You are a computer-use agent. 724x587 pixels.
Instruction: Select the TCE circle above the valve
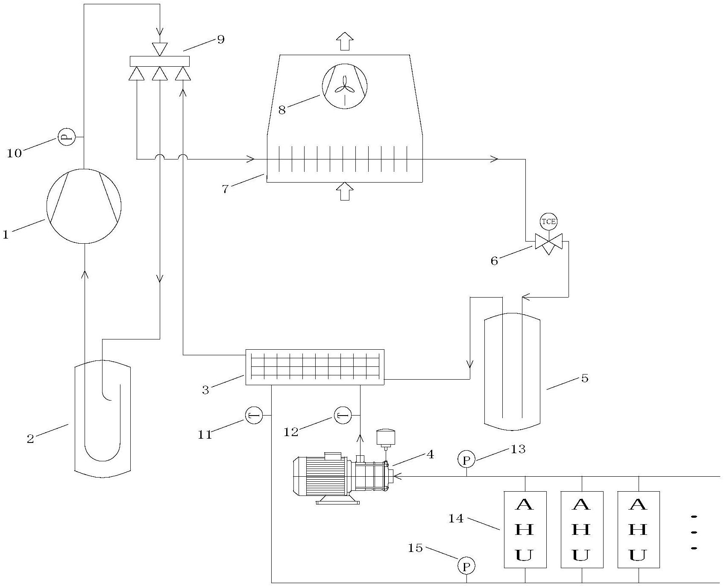click(549, 221)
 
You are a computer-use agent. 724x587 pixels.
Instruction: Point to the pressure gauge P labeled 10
click(67, 137)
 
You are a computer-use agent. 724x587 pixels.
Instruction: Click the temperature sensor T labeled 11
click(254, 415)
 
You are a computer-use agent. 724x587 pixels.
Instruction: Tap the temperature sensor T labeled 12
click(343, 415)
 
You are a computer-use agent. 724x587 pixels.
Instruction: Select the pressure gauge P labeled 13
click(466, 460)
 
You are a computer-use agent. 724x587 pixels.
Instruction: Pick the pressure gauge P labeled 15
click(466, 566)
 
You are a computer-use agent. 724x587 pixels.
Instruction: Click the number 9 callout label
click(220, 39)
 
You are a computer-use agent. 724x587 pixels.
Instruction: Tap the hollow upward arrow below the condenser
click(345, 192)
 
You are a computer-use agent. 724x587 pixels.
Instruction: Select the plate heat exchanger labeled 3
click(315, 367)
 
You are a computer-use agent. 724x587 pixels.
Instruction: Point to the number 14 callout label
click(456, 519)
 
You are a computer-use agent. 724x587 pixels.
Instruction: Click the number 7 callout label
click(225, 189)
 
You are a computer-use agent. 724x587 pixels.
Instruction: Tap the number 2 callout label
click(30, 439)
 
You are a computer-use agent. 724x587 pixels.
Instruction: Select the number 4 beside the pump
click(430, 454)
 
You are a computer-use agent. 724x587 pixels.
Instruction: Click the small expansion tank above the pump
click(386, 437)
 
